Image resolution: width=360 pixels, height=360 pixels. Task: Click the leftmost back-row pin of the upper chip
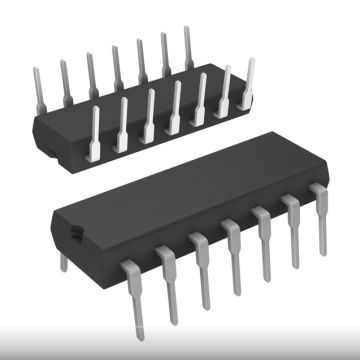[38, 84]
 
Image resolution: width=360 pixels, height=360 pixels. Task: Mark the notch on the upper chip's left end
[45, 147]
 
